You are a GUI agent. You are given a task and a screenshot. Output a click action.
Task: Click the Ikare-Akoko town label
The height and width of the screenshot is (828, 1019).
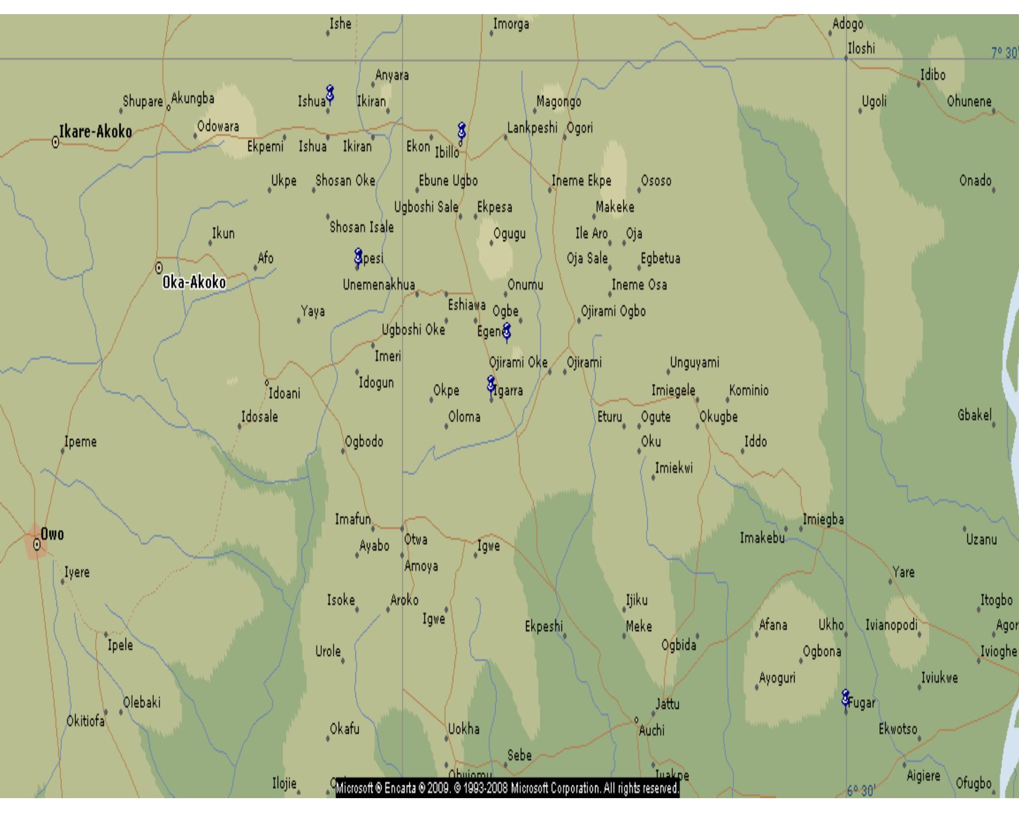click(96, 132)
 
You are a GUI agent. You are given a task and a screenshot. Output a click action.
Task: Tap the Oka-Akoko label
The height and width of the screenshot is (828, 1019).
click(194, 283)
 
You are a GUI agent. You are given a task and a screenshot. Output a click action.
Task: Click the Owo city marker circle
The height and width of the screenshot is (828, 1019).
click(37, 543)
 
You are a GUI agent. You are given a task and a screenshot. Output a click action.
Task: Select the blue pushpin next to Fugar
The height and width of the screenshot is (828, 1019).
click(845, 698)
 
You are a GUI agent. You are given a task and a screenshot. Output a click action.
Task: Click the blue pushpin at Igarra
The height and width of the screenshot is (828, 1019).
click(491, 384)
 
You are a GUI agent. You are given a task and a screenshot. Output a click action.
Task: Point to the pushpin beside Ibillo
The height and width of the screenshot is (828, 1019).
click(462, 131)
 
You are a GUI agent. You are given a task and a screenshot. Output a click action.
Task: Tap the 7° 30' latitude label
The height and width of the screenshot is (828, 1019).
click(1003, 53)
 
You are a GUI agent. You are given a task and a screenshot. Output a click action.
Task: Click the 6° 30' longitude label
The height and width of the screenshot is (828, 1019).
click(861, 791)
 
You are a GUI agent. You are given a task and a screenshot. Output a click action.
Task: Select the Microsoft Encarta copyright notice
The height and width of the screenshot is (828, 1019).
click(508, 788)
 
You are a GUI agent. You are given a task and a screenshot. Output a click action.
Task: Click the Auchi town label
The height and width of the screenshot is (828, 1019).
click(652, 731)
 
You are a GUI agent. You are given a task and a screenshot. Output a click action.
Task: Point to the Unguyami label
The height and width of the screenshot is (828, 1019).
click(694, 363)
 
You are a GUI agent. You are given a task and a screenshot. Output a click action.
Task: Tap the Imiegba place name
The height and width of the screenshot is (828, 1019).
click(823, 520)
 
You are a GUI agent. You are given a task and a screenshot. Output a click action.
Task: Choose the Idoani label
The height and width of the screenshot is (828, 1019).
click(284, 394)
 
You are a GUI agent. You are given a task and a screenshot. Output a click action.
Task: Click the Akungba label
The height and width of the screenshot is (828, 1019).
click(193, 99)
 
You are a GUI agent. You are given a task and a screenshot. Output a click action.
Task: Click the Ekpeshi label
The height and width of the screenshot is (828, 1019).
click(543, 627)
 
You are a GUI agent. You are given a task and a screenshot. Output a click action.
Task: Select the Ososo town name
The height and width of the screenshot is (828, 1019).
click(656, 181)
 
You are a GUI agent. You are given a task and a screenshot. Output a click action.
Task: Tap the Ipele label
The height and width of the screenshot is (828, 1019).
click(120, 646)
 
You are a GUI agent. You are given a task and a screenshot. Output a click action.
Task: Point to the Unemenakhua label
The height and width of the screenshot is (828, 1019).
click(379, 285)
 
